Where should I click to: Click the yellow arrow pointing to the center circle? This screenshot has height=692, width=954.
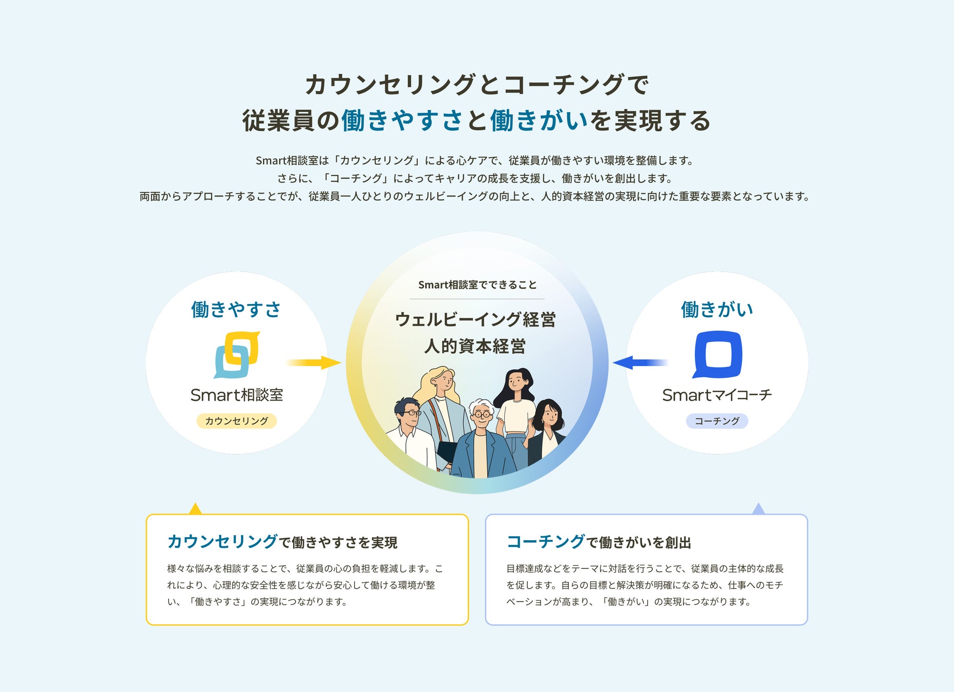point(314,362)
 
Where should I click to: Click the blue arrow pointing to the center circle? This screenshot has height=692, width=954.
point(640,362)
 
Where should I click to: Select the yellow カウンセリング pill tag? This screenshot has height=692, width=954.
point(237,421)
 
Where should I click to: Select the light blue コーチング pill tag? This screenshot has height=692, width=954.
point(717,421)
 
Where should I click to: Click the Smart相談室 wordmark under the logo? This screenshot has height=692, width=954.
point(237,395)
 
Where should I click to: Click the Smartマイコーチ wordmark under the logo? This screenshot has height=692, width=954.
point(717,395)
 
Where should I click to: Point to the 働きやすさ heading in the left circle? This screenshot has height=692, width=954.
point(236,310)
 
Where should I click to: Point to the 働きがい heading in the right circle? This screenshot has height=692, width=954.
point(717,310)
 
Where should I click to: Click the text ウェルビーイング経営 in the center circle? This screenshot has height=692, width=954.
point(475,320)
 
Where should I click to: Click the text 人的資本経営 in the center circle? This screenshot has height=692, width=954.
point(475,347)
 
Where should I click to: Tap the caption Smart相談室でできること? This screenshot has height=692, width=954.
point(477,285)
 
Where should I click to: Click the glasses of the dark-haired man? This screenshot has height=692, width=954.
point(411,412)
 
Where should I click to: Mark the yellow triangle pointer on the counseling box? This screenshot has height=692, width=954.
point(195,509)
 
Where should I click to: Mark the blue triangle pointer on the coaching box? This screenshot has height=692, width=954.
point(759,509)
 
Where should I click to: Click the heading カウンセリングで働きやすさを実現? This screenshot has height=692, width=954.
point(282,542)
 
